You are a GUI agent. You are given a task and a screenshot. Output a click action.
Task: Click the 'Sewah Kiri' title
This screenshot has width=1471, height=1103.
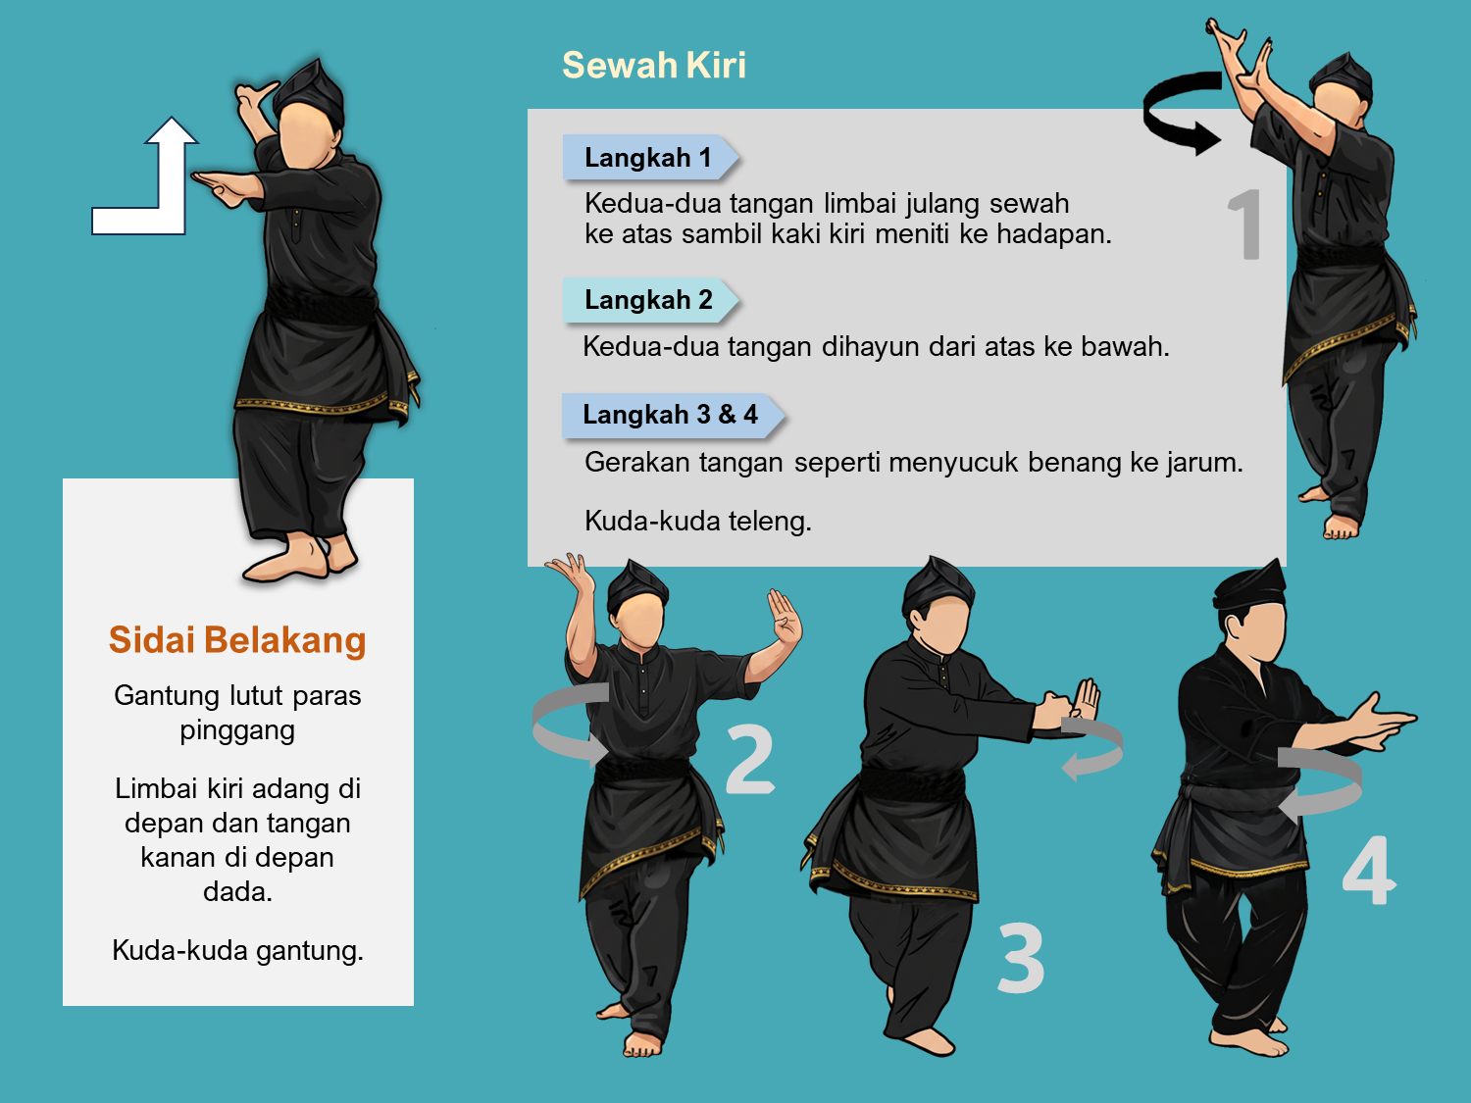pyautogui.click(x=653, y=65)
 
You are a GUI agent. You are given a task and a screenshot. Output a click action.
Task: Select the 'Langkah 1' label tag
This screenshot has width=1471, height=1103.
pyautogui.click(x=650, y=158)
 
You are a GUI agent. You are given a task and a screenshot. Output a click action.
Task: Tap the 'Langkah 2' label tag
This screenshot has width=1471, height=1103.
pyautogui.click(x=650, y=299)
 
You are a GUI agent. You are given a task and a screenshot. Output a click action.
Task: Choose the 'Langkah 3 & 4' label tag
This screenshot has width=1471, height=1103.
pyautogui.click(x=673, y=415)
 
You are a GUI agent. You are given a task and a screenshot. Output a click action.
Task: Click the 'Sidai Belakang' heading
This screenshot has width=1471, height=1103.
pyautogui.click(x=237, y=640)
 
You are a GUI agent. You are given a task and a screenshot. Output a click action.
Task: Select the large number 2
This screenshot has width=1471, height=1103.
pyautogui.click(x=750, y=759)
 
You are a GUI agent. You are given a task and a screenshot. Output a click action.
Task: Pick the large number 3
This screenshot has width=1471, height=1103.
pyautogui.click(x=1021, y=957)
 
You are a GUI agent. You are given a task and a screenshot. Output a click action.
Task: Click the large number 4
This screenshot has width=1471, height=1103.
pyautogui.click(x=1369, y=870)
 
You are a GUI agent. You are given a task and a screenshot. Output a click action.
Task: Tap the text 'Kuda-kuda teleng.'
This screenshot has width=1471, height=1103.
pyautogui.click(x=697, y=521)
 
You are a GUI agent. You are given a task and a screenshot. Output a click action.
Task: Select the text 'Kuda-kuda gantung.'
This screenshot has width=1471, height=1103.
pyautogui.click(x=237, y=950)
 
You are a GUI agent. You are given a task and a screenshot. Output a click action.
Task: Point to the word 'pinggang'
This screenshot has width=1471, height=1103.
pyautogui.click(x=237, y=730)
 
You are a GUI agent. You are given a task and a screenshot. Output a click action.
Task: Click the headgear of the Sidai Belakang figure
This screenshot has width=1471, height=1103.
pyautogui.click(x=310, y=90)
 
